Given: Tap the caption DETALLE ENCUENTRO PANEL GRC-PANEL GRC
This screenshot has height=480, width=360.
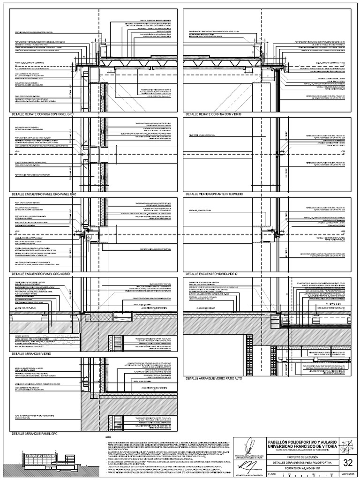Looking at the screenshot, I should click(x=44, y=193).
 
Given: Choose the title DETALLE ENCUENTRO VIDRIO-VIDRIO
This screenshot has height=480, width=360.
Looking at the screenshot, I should click(x=215, y=273).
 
